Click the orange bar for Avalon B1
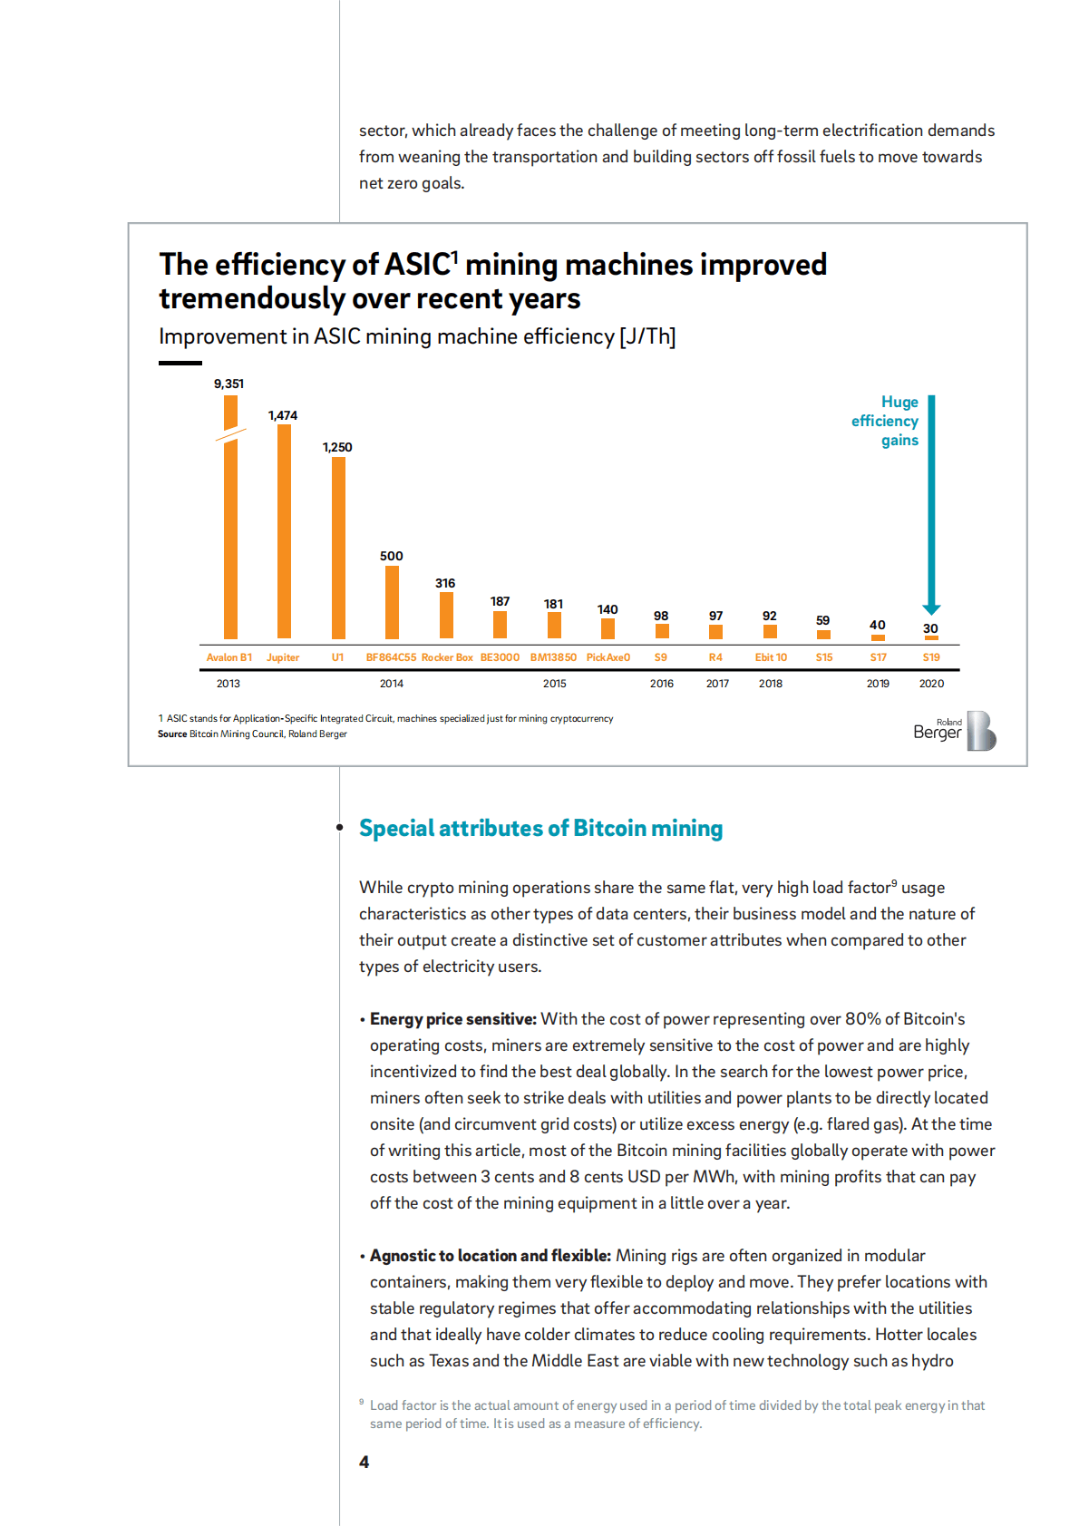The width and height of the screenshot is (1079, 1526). [x=230, y=535]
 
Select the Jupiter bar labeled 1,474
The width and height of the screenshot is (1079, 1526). [x=284, y=530]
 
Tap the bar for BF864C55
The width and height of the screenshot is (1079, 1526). [x=392, y=602]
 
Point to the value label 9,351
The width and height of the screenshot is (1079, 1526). [x=228, y=384]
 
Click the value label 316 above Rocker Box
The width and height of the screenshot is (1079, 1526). [x=445, y=583]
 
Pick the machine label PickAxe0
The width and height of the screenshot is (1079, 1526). [x=608, y=657]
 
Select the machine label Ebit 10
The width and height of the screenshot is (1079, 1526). [x=771, y=657]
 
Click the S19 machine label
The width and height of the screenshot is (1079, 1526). [x=931, y=657]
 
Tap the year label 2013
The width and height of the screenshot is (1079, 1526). [x=228, y=684]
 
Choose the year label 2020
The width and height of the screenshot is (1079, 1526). [x=931, y=684]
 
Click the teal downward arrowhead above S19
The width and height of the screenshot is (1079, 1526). [x=931, y=609]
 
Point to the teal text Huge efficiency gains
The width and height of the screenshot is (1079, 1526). [x=886, y=421]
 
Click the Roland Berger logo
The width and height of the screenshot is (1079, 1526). [x=954, y=731]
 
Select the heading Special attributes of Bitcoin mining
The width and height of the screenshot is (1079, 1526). [x=540, y=828]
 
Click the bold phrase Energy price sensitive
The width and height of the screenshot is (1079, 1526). [x=453, y=1019]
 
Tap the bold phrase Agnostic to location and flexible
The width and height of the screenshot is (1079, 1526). [x=490, y=1256]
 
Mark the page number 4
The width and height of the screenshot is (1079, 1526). [x=364, y=1462]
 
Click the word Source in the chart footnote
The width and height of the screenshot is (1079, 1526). [x=172, y=734]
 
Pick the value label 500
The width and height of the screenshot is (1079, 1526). [x=392, y=556]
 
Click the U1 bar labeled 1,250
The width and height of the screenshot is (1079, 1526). [x=338, y=548]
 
